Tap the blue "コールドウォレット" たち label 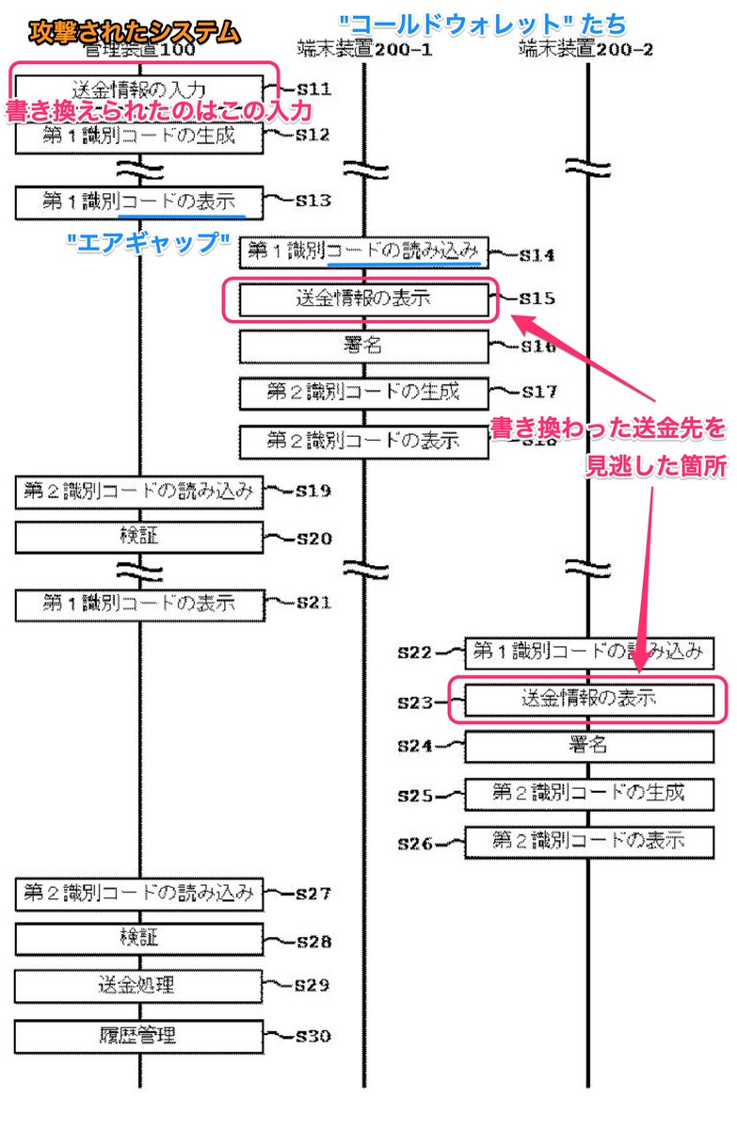coord(483,23)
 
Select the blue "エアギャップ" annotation coord(151,240)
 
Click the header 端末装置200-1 coord(364,49)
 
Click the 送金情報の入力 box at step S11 coord(139,89)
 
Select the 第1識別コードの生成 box coord(139,136)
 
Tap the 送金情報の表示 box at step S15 coord(364,300)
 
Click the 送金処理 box coord(139,986)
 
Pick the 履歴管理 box coord(139,1036)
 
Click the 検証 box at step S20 coord(139,538)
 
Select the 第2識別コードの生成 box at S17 coord(364,393)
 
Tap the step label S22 coord(414,651)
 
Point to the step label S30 coord(312,1037)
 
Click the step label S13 coord(312,201)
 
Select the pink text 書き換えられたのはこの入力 coord(159,111)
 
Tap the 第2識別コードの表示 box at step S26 coord(587,841)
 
